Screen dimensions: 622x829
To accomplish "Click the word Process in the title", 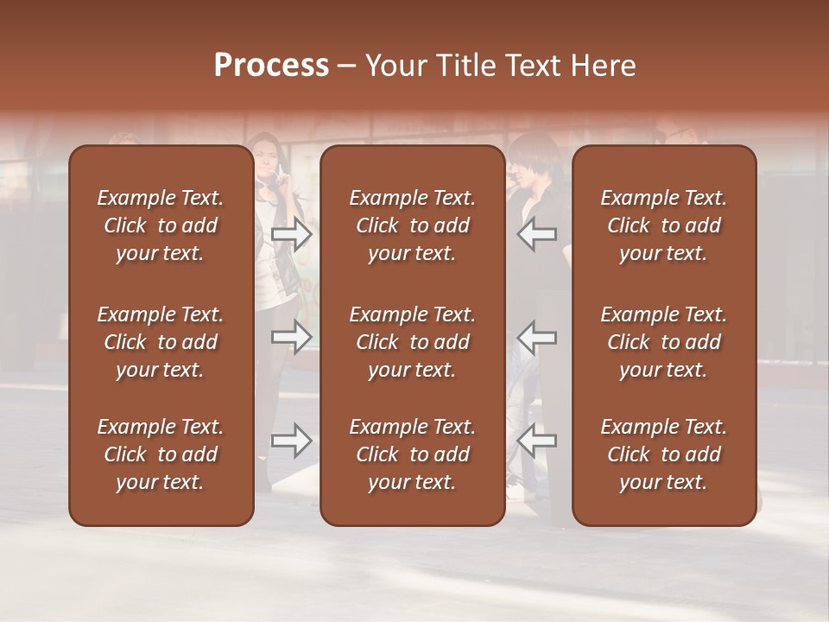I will pyautogui.click(x=271, y=66).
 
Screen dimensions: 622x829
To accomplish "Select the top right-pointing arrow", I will pyautogui.click(x=292, y=234).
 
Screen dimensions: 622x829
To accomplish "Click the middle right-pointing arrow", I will pyautogui.click(x=292, y=337).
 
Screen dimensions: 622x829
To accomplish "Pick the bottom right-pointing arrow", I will pyautogui.click(x=292, y=441).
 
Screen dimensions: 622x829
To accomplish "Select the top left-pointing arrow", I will pyautogui.click(x=536, y=234).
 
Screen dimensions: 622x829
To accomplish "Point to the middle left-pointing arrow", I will pyautogui.click(x=536, y=337).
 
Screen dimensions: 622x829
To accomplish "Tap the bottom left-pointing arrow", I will pyautogui.click(x=536, y=441).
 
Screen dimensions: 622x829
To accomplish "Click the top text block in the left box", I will pyautogui.click(x=161, y=225).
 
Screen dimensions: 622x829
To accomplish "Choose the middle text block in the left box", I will pyautogui.click(x=161, y=342).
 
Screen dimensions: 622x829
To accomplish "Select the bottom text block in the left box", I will pyautogui.click(x=161, y=454).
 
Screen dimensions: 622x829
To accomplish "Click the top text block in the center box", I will pyautogui.click(x=412, y=225).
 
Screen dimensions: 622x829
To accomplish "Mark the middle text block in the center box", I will pyautogui.click(x=412, y=342).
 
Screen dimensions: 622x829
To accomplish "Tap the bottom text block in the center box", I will pyautogui.click(x=412, y=454).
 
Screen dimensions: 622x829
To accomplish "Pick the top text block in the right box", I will pyautogui.click(x=663, y=225).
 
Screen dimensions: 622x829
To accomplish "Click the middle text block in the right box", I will pyautogui.click(x=663, y=342).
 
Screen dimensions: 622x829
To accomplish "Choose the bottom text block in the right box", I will pyautogui.click(x=663, y=454).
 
